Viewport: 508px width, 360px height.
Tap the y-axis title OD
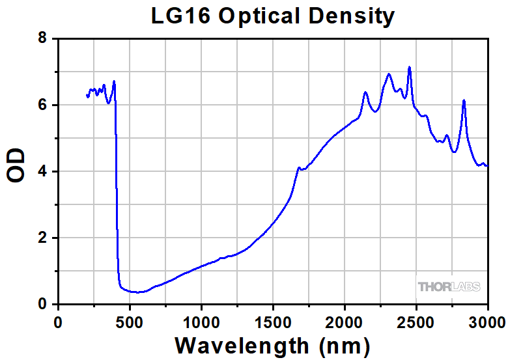[x=16, y=166]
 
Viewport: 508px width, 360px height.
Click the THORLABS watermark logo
[x=449, y=286]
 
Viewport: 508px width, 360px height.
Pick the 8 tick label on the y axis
[x=42, y=39]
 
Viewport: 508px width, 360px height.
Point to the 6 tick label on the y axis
[x=42, y=105]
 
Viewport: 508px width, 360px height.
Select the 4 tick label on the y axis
[x=42, y=172]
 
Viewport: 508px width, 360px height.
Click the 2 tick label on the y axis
[x=42, y=238]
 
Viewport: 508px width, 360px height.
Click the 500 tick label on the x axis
[x=130, y=321]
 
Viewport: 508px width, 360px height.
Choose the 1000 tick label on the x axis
[x=201, y=321]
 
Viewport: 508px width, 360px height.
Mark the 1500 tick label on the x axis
[x=273, y=321]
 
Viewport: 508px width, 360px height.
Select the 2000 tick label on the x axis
[x=345, y=321]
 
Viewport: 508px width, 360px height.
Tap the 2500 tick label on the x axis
[x=416, y=321]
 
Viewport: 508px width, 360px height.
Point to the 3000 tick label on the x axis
[x=487, y=321]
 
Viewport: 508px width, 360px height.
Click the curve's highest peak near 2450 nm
[x=409, y=67]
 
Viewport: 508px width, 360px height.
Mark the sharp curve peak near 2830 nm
[x=464, y=100]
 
